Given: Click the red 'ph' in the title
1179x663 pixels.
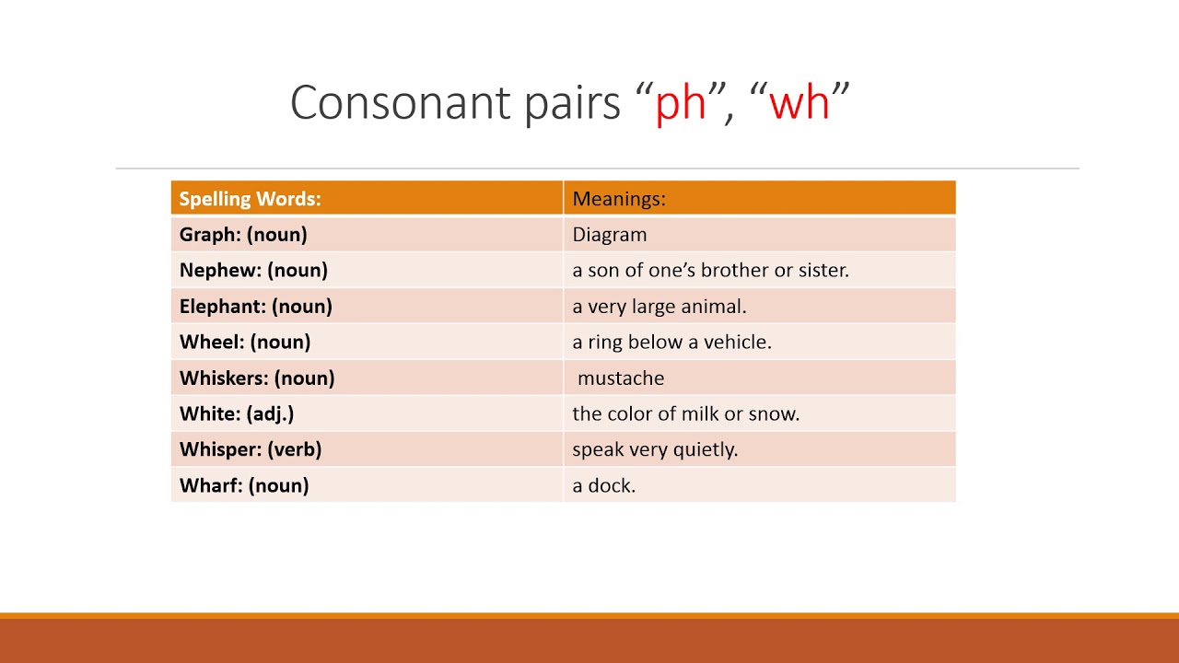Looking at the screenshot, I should [681, 103].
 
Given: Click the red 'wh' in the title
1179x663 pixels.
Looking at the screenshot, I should [800, 101].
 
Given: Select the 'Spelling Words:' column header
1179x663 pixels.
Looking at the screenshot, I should [250, 199].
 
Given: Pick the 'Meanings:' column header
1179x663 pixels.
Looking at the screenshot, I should [619, 199].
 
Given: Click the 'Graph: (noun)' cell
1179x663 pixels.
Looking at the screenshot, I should [243, 235].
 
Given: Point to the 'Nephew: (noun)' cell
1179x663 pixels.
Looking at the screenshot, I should [253, 271].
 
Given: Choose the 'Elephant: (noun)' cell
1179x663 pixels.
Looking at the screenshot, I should [256, 307].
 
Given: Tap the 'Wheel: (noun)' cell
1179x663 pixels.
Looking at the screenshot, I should [245, 343].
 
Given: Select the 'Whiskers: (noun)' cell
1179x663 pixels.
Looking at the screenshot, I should [257, 378].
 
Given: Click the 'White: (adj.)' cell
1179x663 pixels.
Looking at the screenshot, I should [237, 414].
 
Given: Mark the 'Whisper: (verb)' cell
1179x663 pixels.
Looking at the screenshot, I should [251, 450].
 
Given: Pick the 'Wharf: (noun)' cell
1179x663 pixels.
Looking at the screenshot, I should [244, 486].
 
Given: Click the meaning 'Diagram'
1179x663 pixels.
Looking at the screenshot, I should [610, 235].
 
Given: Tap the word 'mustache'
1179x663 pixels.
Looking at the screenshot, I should [621, 378].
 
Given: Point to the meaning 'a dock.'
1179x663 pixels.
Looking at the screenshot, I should [604, 486].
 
